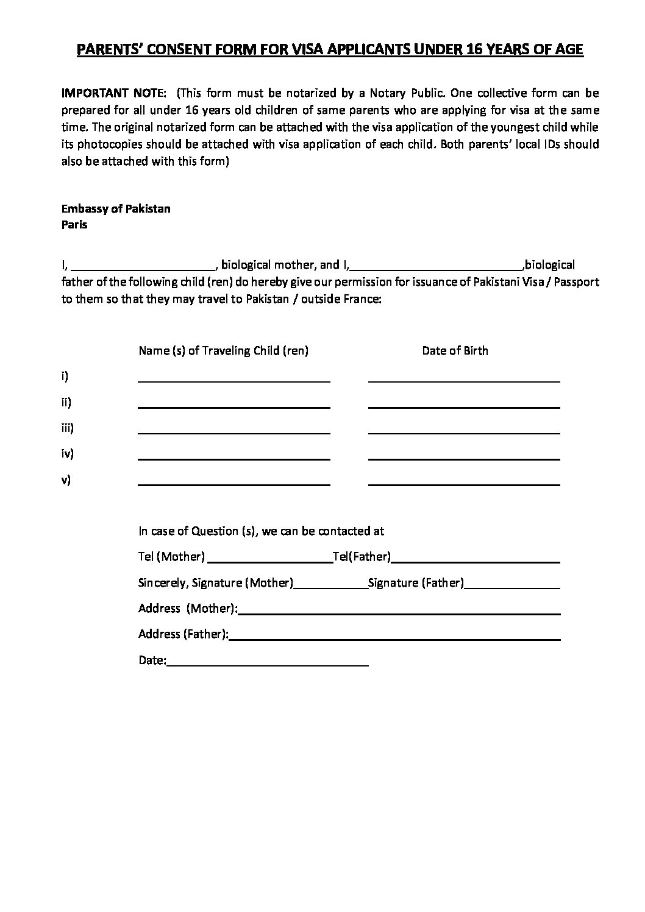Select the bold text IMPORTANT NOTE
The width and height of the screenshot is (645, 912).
pyautogui.click(x=113, y=93)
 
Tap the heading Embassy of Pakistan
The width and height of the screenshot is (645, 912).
pyautogui.click(x=116, y=209)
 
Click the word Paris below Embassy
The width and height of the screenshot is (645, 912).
pyautogui.click(x=74, y=225)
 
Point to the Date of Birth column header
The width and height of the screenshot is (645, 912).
pyautogui.click(x=455, y=351)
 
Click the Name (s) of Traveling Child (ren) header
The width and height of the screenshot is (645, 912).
pyautogui.click(x=223, y=351)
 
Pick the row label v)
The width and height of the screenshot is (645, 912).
pyautogui.click(x=66, y=480)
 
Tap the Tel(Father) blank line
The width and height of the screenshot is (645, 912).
pyautogui.click(x=476, y=559)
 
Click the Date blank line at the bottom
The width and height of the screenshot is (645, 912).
pyautogui.click(x=268, y=663)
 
